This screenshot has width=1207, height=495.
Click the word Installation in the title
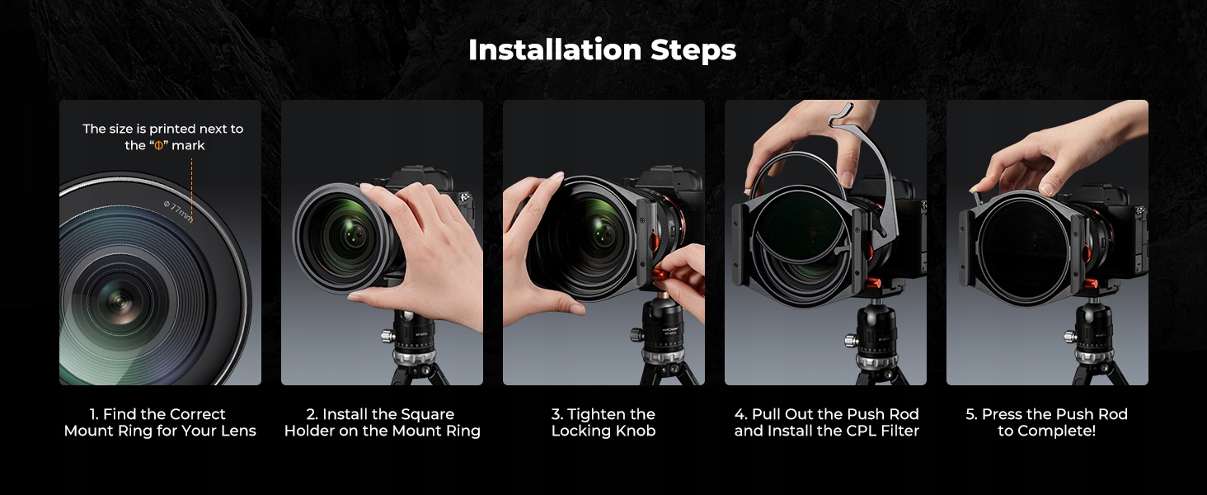tap(555, 49)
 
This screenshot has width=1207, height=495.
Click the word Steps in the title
tap(693, 51)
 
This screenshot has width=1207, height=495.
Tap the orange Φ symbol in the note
tap(158, 145)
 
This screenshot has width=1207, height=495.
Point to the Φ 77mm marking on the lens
tap(178, 211)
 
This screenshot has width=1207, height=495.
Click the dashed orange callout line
tap(192, 190)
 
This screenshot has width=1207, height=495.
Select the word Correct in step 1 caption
tap(195, 414)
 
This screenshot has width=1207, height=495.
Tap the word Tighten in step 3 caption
tap(594, 415)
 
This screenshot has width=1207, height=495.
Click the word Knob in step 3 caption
tap(636, 431)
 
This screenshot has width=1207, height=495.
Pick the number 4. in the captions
tap(741, 414)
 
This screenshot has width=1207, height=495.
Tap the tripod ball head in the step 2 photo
tap(411, 329)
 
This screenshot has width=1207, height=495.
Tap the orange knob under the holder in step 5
tap(1090, 284)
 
